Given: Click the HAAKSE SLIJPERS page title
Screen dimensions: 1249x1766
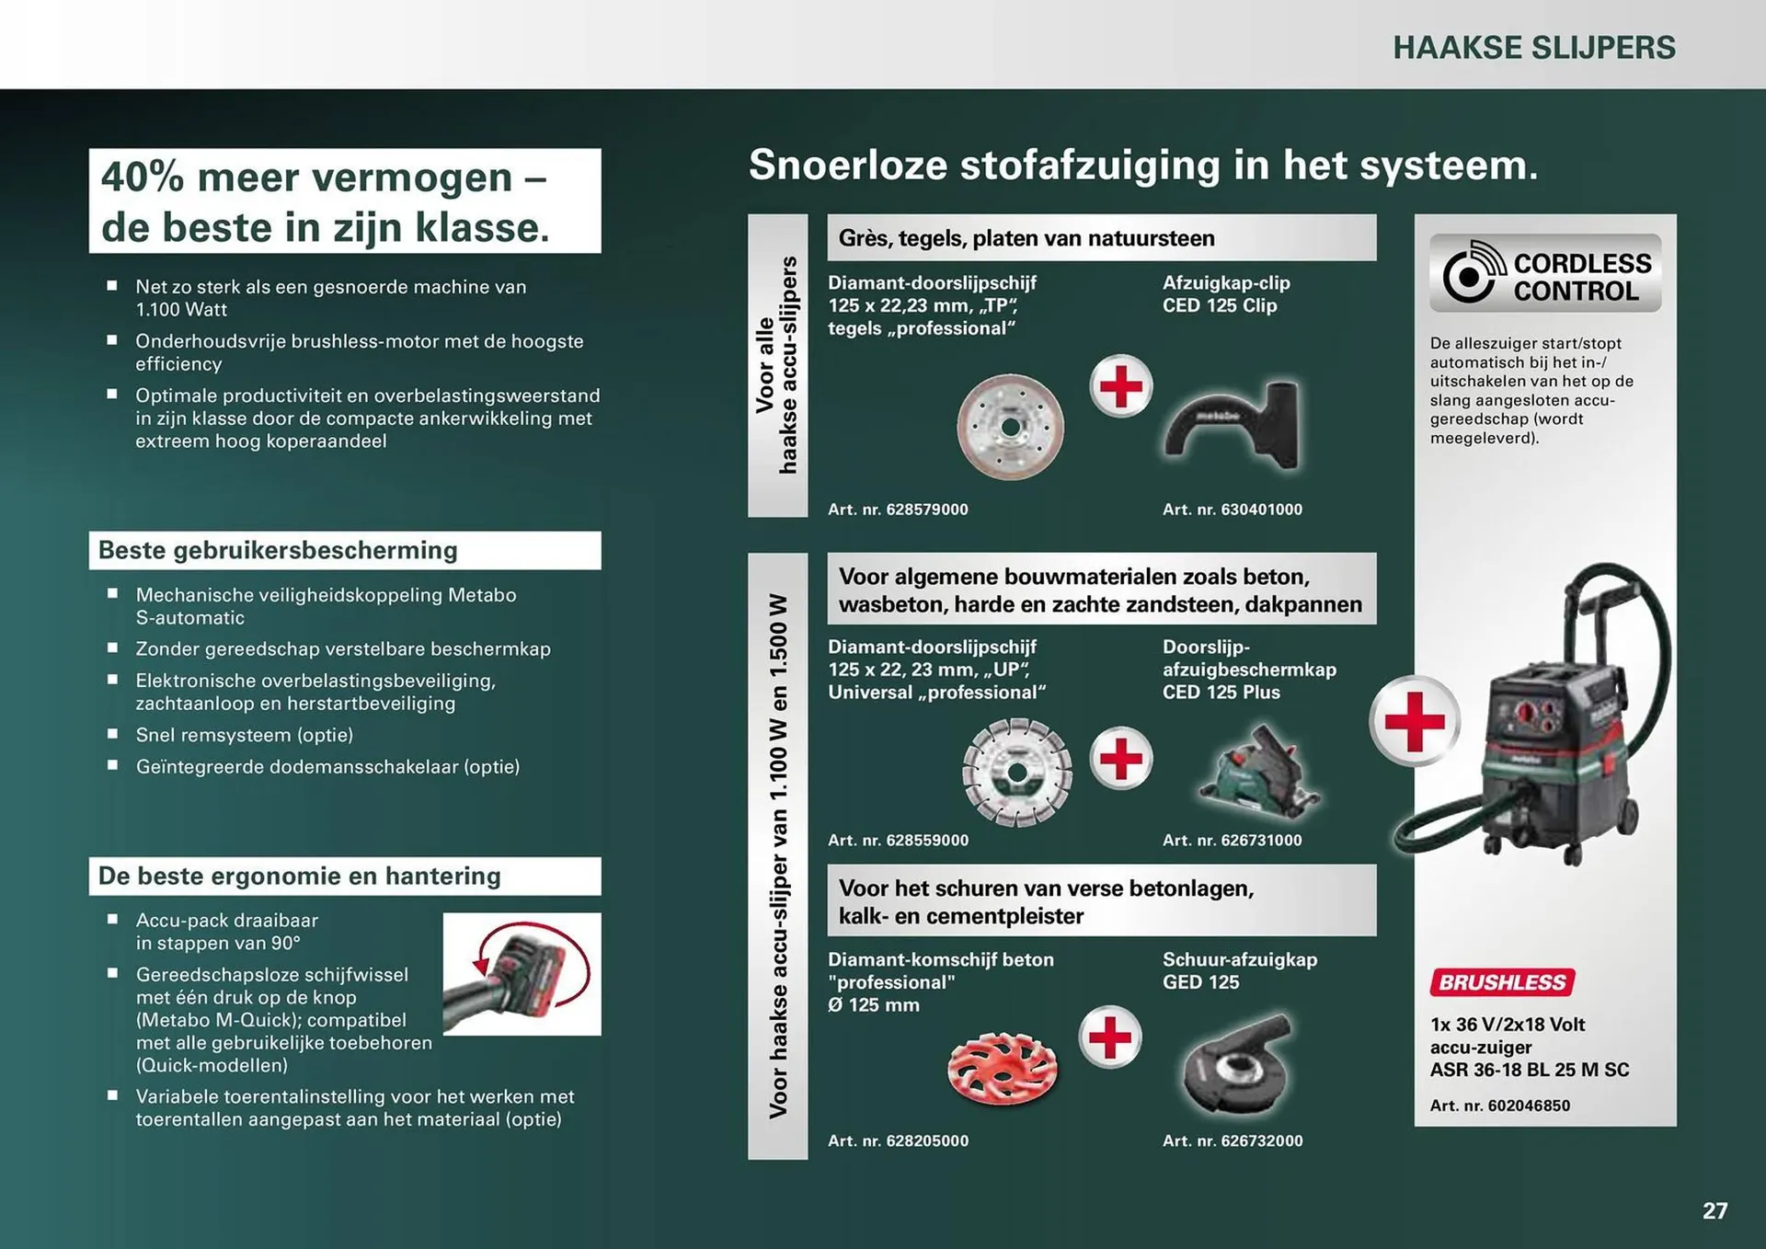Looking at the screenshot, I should pyautogui.click(x=1533, y=48).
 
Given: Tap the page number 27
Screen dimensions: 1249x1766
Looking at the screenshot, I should pyautogui.click(x=1714, y=1210).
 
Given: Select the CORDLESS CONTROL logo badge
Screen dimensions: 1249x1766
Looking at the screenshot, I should pyautogui.click(x=1545, y=274).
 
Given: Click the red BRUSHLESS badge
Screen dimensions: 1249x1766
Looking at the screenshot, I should pyautogui.click(x=1502, y=982).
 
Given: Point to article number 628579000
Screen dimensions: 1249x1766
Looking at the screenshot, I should pyautogui.click(x=898, y=510).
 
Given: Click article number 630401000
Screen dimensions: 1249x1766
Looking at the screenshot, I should pyautogui.click(x=1233, y=510).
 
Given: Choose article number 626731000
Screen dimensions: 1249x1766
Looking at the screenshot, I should pyautogui.click(x=1233, y=841).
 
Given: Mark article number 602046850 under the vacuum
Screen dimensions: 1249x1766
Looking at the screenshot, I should pyautogui.click(x=1500, y=1106).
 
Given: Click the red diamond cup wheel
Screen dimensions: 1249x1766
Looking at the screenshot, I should pyautogui.click(x=1003, y=1069).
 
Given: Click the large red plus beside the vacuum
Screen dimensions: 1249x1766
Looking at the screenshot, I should pyautogui.click(x=1414, y=721).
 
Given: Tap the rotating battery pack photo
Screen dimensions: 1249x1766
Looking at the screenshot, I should pyautogui.click(x=522, y=974).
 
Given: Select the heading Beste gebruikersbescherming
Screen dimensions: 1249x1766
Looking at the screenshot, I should pyautogui.click(x=278, y=551).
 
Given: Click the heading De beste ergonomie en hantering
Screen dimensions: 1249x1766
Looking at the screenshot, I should pyautogui.click(x=300, y=877).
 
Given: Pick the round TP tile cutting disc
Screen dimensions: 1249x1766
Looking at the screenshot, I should pyautogui.click(x=1010, y=428).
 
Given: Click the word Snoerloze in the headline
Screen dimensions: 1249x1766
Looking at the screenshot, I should pyautogui.click(x=848, y=166).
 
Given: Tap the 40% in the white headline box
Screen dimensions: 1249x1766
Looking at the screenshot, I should pyautogui.click(x=143, y=178).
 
